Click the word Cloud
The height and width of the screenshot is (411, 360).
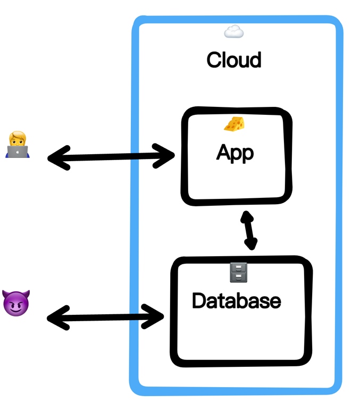point(234,60)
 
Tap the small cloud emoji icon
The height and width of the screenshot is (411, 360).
point(233,32)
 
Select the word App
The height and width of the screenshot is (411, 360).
point(235,153)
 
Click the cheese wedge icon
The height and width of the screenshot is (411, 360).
point(235,124)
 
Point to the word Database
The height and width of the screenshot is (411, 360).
point(236,301)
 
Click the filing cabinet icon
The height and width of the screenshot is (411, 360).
point(238,272)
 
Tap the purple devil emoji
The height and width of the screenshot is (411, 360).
point(16,303)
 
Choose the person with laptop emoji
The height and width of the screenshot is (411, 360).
point(18,145)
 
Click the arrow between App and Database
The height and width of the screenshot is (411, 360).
point(248,230)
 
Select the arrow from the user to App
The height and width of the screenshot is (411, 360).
point(112,157)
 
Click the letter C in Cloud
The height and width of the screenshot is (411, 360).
point(214,60)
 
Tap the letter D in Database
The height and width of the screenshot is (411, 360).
point(199,301)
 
